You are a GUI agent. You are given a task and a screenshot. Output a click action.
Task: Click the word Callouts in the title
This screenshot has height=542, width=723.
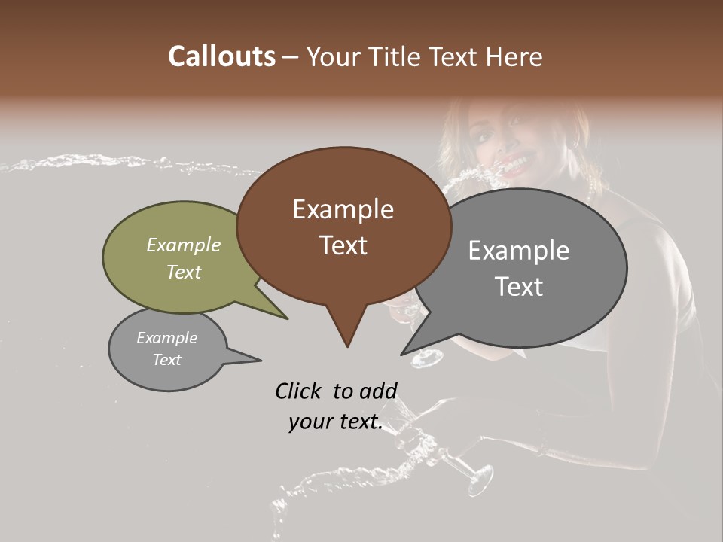[x=221, y=56]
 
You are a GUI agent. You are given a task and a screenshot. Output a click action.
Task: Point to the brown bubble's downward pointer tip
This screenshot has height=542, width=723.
[x=347, y=346]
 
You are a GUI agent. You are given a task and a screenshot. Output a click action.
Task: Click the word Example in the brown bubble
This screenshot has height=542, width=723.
[x=343, y=209]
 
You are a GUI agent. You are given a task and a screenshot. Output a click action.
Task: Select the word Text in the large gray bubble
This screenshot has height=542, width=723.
[x=519, y=287]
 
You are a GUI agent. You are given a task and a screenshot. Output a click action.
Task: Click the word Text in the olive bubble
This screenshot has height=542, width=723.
[x=184, y=273]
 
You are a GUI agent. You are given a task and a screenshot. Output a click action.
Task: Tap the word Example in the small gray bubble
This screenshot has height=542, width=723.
[x=166, y=338]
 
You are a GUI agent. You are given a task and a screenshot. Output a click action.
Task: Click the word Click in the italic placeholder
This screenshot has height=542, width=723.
[x=299, y=391]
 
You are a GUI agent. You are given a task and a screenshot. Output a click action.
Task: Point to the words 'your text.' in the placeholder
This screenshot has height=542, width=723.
[x=335, y=422]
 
